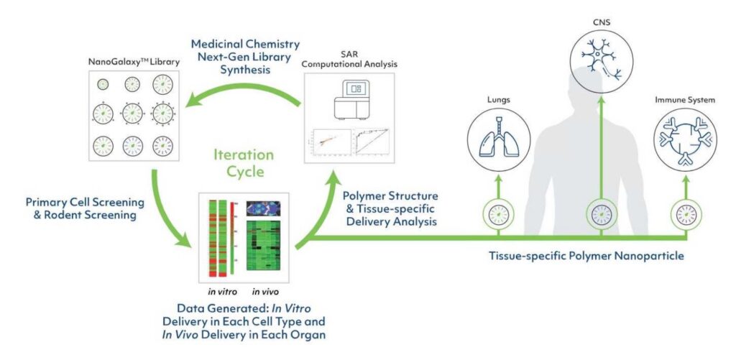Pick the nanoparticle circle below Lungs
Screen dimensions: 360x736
(x=492, y=213)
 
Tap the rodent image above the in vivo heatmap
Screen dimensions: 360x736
(x=263, y=208)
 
